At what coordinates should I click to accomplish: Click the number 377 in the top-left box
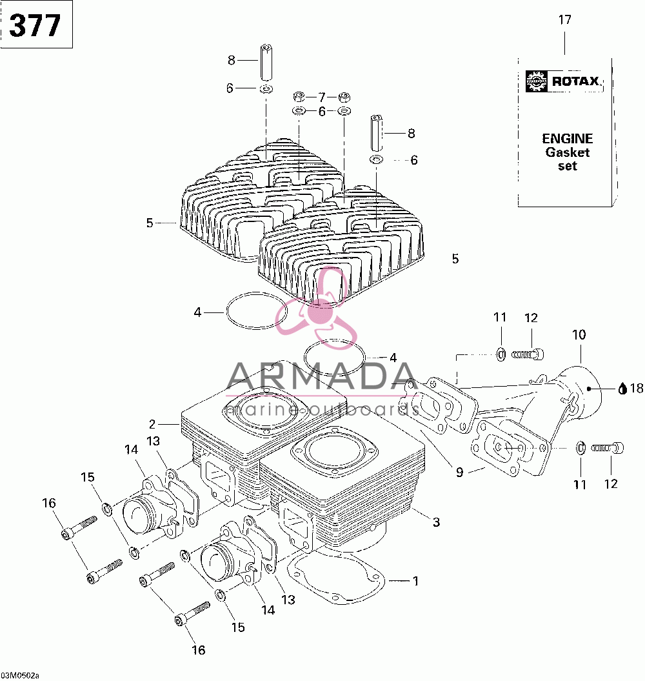[x=35, y=25]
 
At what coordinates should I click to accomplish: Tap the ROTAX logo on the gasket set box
[x=563, y=81]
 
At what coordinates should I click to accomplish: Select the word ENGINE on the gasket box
[x=568, y=139]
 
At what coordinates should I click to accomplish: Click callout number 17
[x=565, y=19]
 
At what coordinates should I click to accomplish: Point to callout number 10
[x=579, y=334]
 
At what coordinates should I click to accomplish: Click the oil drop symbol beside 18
[x=623, y=389]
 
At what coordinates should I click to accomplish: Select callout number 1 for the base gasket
[x=416, y=581]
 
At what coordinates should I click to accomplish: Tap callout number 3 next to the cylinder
[x=436, y=522]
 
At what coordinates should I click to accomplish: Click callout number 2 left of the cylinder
[x=152, y=424]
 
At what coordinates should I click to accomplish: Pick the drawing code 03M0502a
[x=19, y=675]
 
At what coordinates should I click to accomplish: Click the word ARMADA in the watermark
[x=322, y=376]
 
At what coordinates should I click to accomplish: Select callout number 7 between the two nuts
[x=322, y=97]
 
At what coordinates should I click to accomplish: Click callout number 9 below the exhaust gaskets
[x=459, y=472]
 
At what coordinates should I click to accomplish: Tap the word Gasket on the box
[x=568, y=152]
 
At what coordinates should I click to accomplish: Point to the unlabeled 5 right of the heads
[x=455, y=259]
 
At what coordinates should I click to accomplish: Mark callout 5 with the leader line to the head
[x=150, y=223]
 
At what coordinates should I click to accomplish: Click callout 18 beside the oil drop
[x=637, y=389]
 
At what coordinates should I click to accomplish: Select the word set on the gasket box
[x=568, y=166]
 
